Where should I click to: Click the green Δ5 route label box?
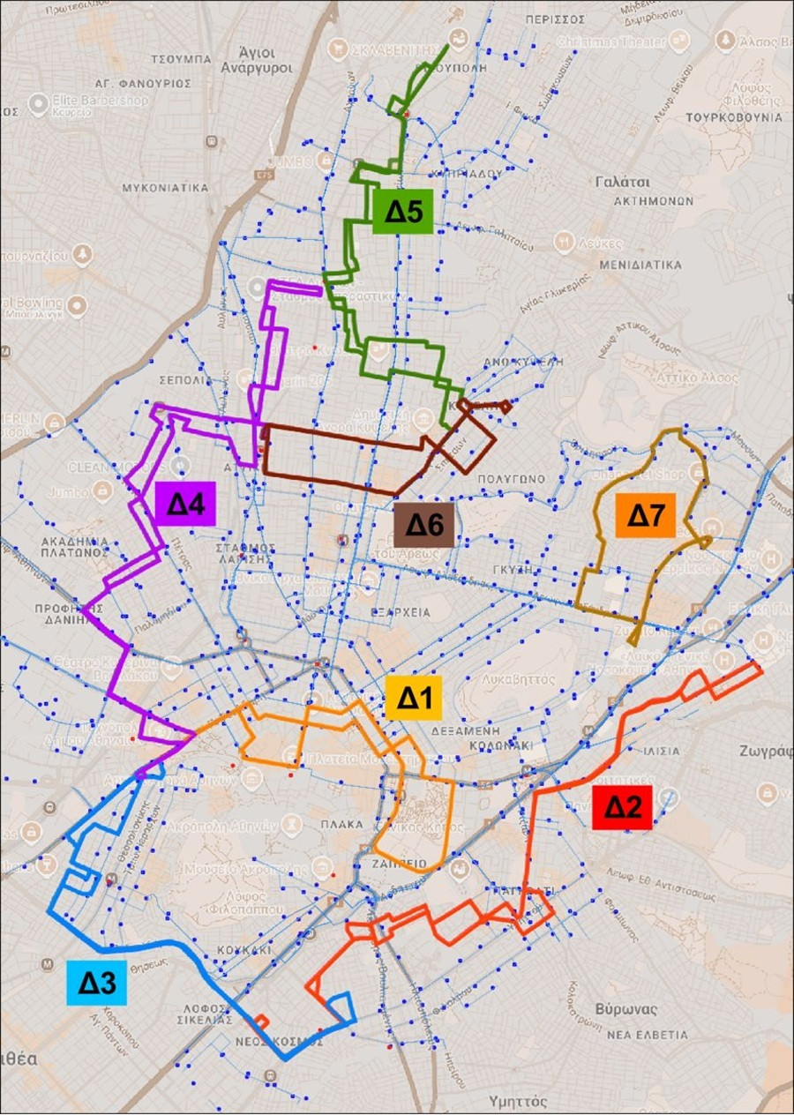(x=401, y=212)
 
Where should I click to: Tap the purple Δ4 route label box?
(x=185, y=504)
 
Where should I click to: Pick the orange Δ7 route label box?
(x=645, y=515)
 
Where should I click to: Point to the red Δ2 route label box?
(x=623, y=807)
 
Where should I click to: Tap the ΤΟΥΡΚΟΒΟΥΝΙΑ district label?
(x=735, y=116)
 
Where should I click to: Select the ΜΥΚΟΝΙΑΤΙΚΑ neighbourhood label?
(x=166, y=188)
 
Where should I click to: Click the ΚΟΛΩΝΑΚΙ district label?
(x=495, y=745)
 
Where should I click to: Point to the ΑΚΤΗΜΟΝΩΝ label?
(x=654, y=201)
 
